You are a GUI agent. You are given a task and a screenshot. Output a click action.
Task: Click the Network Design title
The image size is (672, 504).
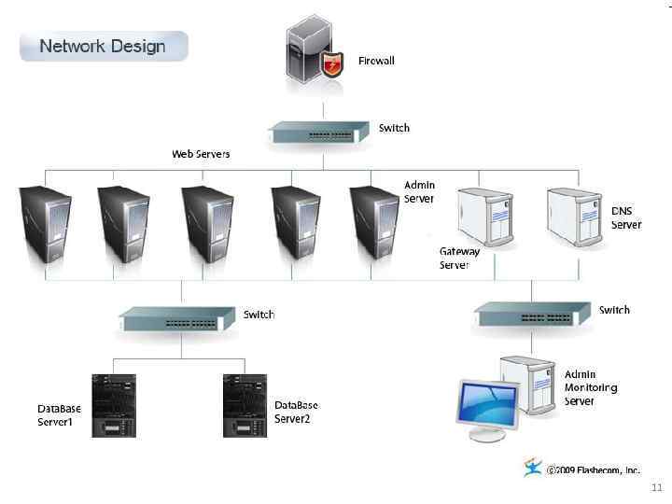click(103, 46)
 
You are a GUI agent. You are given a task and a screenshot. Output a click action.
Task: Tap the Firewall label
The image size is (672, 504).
click(376, 61)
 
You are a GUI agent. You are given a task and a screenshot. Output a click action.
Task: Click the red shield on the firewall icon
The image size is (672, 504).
click(332, 64)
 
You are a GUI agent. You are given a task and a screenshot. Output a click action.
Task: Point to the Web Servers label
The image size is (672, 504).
click(201, 153)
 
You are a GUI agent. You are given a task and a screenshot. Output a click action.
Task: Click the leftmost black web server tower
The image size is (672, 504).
click(46, 224)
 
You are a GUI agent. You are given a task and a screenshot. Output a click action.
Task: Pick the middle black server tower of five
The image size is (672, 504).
click(207, 224)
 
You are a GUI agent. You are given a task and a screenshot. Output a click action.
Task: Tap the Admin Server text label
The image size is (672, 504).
click(419, 191)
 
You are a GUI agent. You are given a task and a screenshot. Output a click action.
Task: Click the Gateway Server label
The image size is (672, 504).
click(459, 258)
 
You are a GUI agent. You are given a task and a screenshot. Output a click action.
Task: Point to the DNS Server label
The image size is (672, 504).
click(626, 217)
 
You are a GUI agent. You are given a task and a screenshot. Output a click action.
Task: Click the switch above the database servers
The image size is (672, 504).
click(176, 321)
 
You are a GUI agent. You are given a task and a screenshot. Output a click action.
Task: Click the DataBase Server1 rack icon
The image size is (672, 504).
click(114, 405)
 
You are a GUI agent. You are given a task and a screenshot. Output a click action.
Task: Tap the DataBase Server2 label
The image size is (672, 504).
click(296, 412)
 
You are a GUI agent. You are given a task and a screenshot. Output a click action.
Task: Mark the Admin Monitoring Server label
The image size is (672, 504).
click(590, 387)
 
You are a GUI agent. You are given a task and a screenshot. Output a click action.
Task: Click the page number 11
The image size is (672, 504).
click(656, 488)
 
